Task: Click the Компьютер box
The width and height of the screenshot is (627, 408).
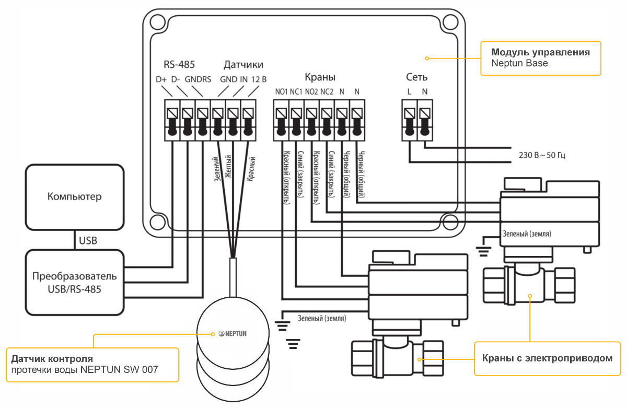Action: [74, 197]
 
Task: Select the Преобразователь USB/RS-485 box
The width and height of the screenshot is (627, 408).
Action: [74, 282]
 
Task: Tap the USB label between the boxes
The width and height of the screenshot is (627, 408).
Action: [88, 241]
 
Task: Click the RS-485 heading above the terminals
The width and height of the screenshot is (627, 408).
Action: [179, 65]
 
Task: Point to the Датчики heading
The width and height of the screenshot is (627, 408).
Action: [243, 65]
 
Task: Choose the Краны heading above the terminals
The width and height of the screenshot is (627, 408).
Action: [319, 77]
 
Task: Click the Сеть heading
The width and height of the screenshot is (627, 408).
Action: [417, 77]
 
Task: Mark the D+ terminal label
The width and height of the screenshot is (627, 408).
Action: [161, 80]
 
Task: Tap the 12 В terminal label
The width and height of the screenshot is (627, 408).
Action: [259, 80]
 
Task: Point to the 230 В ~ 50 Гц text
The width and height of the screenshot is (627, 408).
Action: [542, 155]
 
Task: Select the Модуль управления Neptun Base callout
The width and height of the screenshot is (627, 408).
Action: [540, 58]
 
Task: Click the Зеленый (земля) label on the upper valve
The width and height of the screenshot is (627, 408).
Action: [527, 233]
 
